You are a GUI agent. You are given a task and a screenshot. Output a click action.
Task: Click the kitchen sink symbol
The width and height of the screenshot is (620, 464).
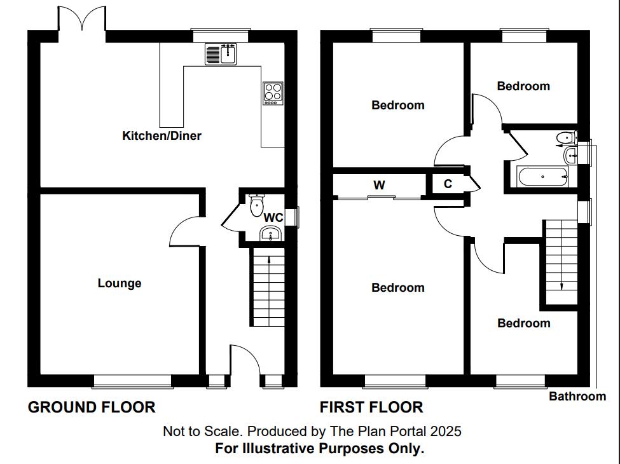[221, 55]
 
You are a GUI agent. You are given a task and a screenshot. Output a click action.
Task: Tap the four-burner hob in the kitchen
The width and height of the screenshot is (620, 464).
[273, 93]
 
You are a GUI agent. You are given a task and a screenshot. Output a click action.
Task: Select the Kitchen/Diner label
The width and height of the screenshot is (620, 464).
[162, 135]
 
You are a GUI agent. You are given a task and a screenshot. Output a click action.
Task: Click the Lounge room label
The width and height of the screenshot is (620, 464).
[120, 283]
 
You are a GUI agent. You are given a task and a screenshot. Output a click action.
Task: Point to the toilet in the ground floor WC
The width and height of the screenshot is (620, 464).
[257, 204]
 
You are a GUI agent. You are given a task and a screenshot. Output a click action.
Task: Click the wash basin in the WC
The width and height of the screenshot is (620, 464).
[272, 233]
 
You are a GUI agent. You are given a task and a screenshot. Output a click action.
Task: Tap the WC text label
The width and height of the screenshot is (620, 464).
[273, 217]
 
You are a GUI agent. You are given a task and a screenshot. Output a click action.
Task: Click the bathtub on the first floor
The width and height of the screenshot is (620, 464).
[542, 177]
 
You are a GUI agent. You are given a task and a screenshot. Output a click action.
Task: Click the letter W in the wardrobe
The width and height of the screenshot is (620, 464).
[379, 186]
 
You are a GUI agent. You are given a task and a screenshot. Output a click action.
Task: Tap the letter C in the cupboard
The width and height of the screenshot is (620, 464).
[448, 184]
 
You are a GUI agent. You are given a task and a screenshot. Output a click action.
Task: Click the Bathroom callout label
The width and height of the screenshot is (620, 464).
[577, 397]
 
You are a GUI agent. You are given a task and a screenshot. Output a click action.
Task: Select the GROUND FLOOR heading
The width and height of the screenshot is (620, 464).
[92, 407]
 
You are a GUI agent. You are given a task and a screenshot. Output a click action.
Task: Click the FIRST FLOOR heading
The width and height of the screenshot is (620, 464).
[371, 407]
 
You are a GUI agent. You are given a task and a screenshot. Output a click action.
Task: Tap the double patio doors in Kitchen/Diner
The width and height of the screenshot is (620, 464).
[82, 19]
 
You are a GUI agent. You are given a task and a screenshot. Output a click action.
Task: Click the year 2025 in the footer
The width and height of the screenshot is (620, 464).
[446, 431]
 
